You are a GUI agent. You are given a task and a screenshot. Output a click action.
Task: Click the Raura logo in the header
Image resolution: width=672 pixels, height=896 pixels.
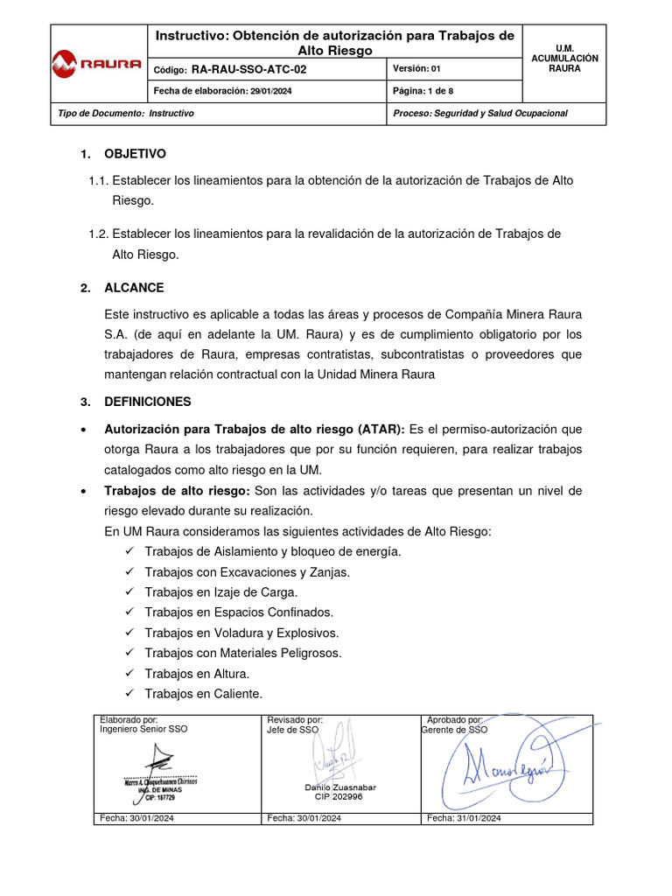click(x=97, y=63)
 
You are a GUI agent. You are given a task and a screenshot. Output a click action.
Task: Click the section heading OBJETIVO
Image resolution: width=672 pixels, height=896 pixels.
click(x=135, y=154)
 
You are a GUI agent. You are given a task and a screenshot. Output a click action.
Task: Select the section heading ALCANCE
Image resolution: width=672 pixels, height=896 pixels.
click(x=134, y=288)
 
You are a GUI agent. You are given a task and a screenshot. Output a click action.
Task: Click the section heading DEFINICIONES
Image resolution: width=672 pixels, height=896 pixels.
click(x=147, y=402)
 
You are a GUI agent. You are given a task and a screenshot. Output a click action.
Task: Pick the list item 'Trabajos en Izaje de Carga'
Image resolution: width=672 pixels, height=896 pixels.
click(x=221, y=592)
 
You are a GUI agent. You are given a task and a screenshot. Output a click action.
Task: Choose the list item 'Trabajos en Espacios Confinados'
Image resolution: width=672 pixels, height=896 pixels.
click(x=239, y=612)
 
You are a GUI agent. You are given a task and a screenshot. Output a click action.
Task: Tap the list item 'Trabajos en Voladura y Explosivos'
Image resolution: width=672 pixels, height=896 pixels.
click(x=241, y=633)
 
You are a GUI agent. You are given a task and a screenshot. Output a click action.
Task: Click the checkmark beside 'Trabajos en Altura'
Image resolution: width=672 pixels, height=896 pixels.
click(x=129, y=673)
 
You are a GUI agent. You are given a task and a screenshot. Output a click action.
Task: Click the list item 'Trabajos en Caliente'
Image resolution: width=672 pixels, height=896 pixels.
click(x=203, y=694)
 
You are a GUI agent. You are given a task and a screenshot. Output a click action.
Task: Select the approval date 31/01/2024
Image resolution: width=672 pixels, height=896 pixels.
click(x=463, y=818)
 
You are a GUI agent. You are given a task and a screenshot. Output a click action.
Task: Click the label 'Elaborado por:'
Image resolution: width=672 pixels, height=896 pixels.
click(x=129, y=719)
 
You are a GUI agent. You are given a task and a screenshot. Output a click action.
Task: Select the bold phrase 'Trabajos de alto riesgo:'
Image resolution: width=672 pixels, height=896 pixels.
click(x=177, y=491)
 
